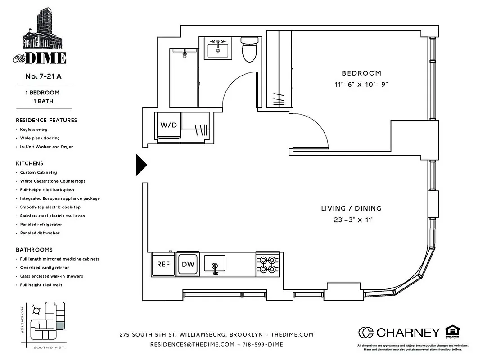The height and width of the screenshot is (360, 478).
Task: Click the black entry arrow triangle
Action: point(141,165)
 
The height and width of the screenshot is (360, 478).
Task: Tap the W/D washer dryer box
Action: point(168,125)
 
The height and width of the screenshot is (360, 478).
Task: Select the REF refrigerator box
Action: point(163,264)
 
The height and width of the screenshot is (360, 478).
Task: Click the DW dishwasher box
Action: point(188,264)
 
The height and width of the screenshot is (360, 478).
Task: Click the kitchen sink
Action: point(215,264)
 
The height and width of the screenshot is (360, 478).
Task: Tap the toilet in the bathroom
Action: point(249,50)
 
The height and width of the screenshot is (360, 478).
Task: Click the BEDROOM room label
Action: point(361,73)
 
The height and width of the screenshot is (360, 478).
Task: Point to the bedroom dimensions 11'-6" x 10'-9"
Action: point(361,84)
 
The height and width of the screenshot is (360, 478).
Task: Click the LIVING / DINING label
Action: point(351,208)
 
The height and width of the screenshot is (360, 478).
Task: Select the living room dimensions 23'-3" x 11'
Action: point(351,220)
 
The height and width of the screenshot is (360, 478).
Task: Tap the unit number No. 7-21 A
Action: point(43,76)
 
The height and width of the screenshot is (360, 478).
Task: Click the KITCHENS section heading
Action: point(30,163)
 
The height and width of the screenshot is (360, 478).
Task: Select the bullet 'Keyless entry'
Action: point(34,130)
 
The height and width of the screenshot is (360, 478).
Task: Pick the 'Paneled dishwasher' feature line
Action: point(40,233)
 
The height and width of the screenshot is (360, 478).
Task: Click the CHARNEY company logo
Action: point(399,333)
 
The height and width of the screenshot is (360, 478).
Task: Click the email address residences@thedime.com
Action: point(192,344)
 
